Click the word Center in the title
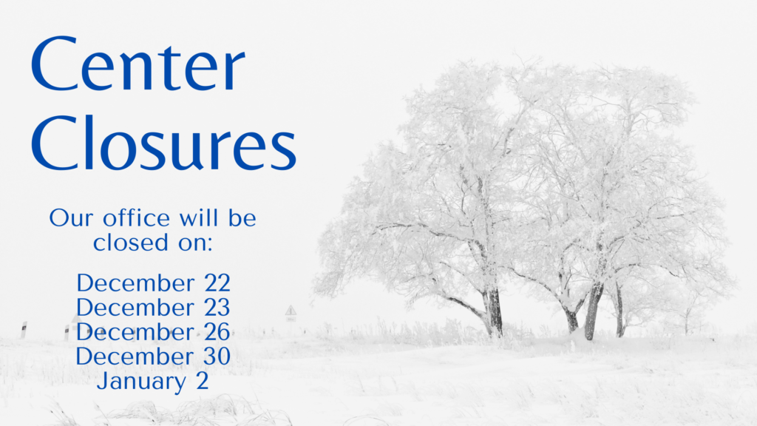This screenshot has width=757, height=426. [x=138, y=64]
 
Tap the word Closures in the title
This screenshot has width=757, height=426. [x=163, y=142]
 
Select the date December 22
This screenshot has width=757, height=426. [x=154, y=283]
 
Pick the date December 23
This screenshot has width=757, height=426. [x=153, y=307]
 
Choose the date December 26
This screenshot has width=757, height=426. [x=153, y=332]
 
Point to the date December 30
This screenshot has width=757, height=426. [x=153, y=356]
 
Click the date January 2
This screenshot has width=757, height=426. [x=153, y=382]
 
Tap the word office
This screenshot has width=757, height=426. [x=136, y=218]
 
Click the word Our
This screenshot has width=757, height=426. [x=71, y=218]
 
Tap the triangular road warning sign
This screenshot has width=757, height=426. [x=291, y=310]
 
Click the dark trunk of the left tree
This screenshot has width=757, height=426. [x=494, y=311]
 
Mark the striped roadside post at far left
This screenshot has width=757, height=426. [x=23, y=330]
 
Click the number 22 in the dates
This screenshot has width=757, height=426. [x=217, y=283]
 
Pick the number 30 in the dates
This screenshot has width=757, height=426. [x=217, y=356]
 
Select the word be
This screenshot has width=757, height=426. [x=242, y=218]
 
